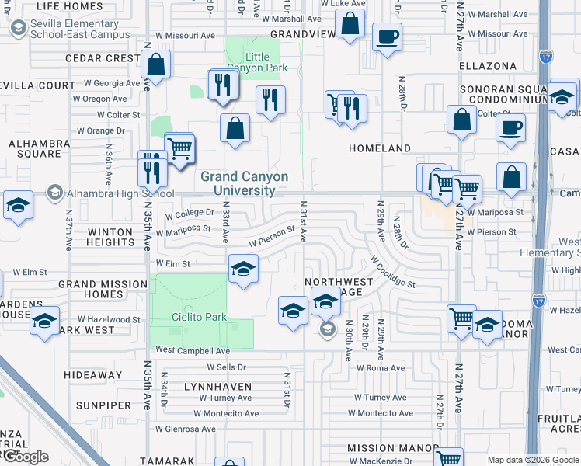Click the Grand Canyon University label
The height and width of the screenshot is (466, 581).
tap(244, 183)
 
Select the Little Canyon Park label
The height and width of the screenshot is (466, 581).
tap(266, 63)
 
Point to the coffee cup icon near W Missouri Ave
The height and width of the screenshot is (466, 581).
tap(387, 36)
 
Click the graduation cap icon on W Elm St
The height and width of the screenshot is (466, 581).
tap(244, 270)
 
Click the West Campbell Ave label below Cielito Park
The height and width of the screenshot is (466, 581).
tap(186, 351)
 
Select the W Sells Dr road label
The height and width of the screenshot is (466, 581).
tap(226, 367)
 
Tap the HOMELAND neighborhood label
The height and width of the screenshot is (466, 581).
tap(380, 148)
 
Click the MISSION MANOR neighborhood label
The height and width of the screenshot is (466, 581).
tap(392, 448)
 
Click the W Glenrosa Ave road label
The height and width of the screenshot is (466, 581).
tap(186, 429)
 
